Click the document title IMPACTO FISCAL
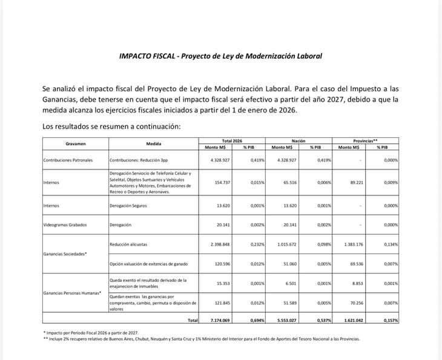220,56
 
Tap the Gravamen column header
75,144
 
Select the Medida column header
154,144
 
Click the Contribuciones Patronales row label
68,160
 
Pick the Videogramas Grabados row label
65,224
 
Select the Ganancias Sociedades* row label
65,254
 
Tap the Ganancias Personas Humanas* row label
72,293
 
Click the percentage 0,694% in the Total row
256,320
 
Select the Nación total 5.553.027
284,320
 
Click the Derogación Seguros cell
128,206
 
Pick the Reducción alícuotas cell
128,244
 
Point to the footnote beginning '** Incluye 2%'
201,339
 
